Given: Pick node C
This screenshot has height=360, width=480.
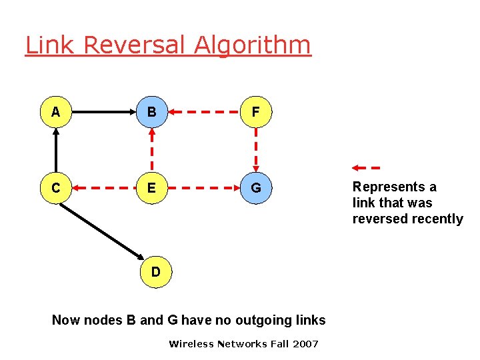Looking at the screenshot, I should (x=56, y=189).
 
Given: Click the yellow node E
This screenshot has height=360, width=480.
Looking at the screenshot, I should (x=152, y=189).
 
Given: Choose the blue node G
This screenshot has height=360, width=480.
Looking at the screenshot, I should (x=255, y=189).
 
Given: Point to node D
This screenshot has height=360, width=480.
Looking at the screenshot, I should (x=155, y=271).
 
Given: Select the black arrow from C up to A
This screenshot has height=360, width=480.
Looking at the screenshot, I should (x=56, y=151).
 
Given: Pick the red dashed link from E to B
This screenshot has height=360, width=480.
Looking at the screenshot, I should (x=152, y=151).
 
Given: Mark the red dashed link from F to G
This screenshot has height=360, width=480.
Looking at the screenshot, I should (x=255, y=151).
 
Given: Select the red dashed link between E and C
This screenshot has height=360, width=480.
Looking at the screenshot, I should (x=104, y=189).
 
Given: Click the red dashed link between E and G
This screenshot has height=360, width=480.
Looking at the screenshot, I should (x=203, y=189).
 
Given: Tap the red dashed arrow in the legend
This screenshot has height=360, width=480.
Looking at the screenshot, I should (x=365, y=167).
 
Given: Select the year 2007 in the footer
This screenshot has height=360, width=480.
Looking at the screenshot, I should (x=305, y=344).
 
